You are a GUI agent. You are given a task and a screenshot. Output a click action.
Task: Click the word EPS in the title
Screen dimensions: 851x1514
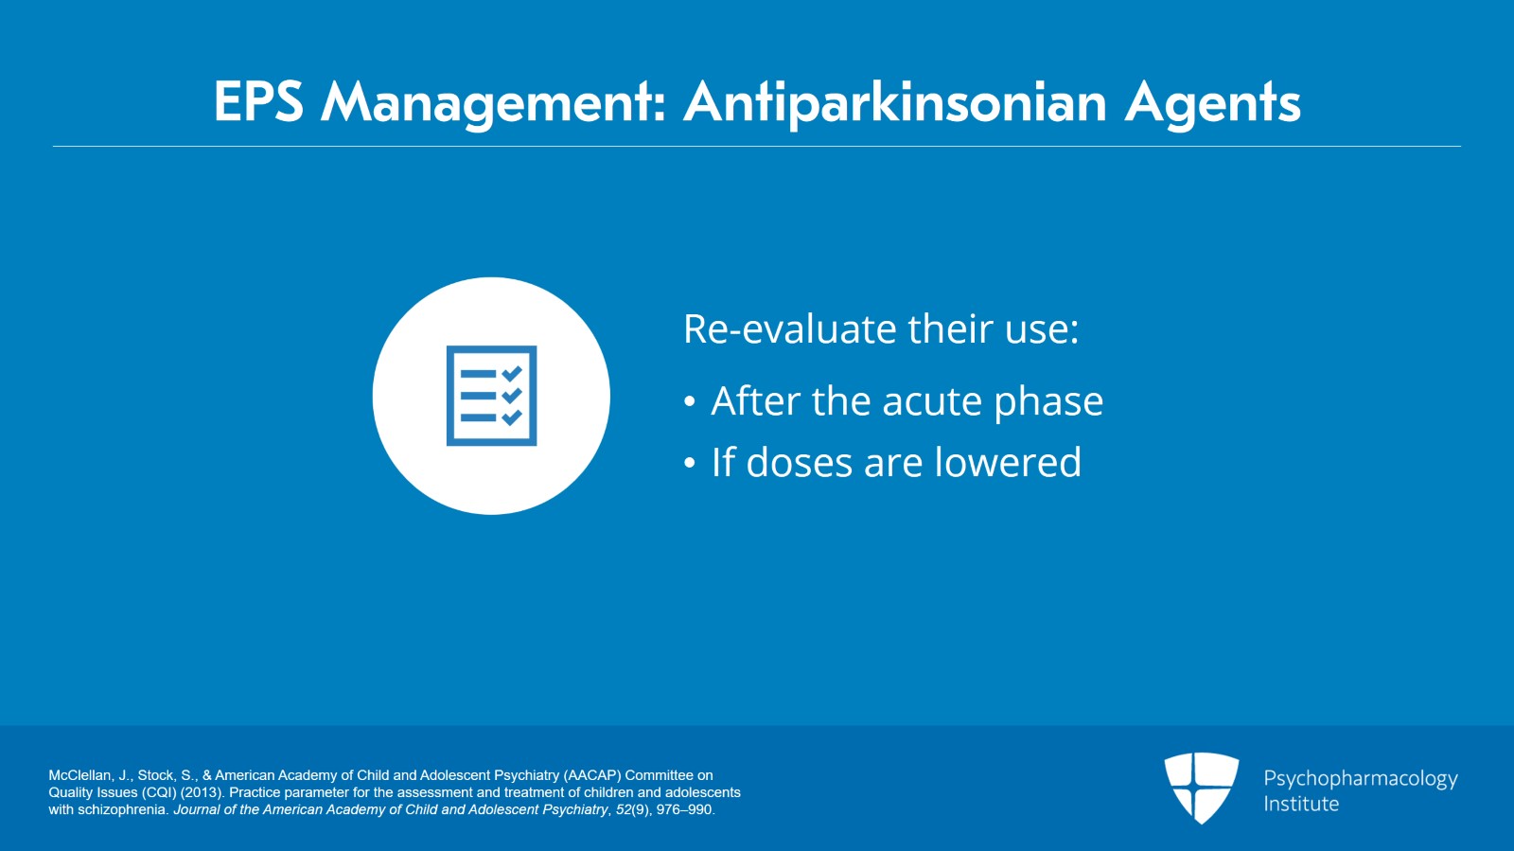pos(257,101)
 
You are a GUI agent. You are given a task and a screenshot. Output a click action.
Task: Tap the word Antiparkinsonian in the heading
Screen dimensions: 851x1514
pos(895,101)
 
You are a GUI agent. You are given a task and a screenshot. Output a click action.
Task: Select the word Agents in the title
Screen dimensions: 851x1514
pos(1212,101)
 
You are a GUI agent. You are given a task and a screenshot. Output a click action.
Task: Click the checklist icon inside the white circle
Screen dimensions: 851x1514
pos(491,396)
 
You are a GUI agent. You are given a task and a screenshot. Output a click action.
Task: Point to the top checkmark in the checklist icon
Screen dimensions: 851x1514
pos(512,374)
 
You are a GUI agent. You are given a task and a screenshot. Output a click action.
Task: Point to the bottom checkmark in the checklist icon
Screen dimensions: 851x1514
pos(512,417)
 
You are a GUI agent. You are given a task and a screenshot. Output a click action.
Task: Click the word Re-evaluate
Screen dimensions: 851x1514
pos(790,329)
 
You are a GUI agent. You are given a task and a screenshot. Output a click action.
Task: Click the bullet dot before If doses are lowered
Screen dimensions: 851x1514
pos(690,464)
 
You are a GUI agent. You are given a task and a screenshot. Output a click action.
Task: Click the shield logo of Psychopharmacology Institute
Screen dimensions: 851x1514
pos(1201,787)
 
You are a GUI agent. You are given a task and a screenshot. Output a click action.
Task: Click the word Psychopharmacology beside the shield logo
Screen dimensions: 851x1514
pos(1360,779)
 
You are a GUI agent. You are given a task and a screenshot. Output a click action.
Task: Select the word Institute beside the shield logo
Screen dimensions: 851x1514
pos(1301,804)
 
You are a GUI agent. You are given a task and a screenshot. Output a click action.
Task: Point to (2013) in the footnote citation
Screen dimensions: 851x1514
pos(202,792)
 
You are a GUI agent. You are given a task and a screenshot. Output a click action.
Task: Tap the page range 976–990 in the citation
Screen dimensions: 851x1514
pos(685,809)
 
